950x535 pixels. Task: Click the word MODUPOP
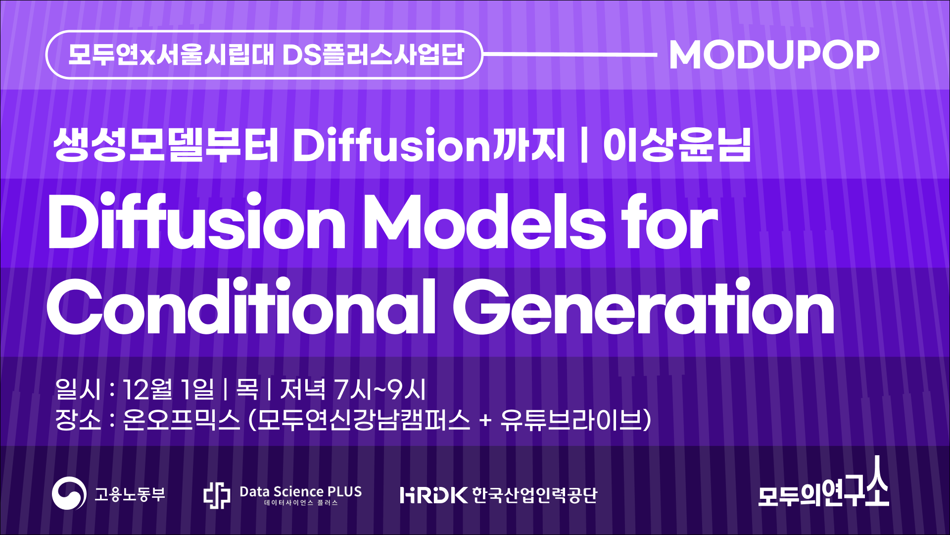[774, 54]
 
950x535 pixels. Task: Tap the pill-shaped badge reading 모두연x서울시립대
[264, 54]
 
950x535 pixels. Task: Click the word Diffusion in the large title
[196, 222]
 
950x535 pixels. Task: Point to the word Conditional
[241, 306]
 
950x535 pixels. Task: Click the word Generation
[644, 306]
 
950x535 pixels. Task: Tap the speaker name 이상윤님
[677, 145]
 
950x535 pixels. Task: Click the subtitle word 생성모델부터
[166, 145]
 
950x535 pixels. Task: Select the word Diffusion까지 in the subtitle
[428, 145]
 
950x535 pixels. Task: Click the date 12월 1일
[168, 389]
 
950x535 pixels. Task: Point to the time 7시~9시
[380, 389]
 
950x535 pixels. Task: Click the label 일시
[78, 389]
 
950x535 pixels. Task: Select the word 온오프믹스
[181, 420]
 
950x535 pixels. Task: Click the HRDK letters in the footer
[434, 495]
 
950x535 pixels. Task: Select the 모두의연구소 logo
[824, 481]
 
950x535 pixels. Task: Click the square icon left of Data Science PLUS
[217, 495]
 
